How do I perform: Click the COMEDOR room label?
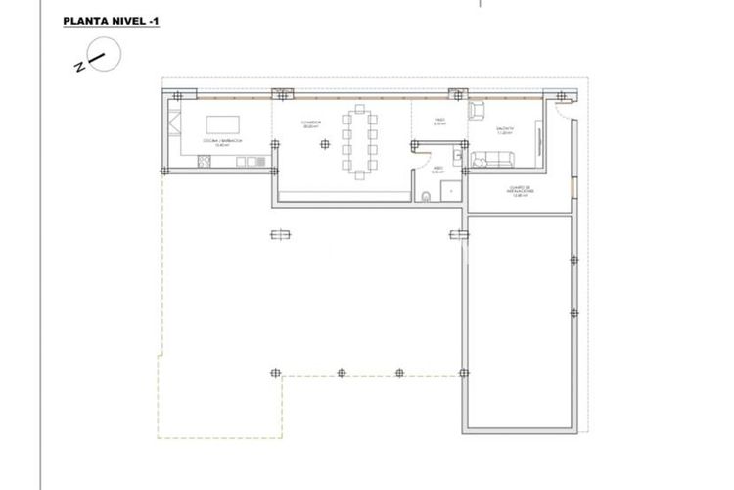[310, 126]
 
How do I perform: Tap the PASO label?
[440, 123]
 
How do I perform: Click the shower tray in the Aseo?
[451, 192]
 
